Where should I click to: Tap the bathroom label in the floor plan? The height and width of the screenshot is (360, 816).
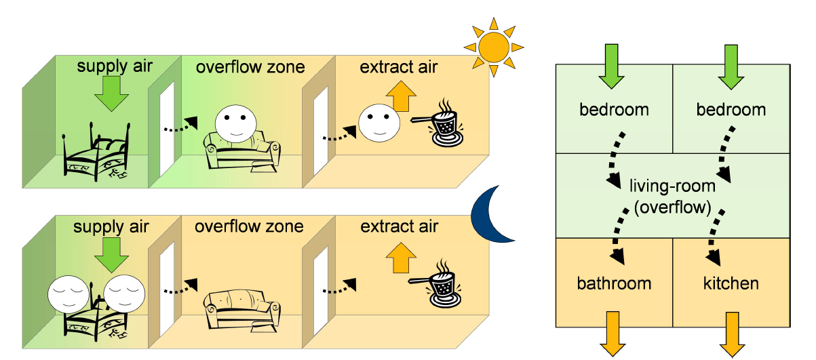(613, 282)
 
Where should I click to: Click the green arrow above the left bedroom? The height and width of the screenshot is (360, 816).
(611, 66)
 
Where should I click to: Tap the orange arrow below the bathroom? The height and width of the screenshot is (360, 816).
(613, 334)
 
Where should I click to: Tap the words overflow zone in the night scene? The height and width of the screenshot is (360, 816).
(249, 226)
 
